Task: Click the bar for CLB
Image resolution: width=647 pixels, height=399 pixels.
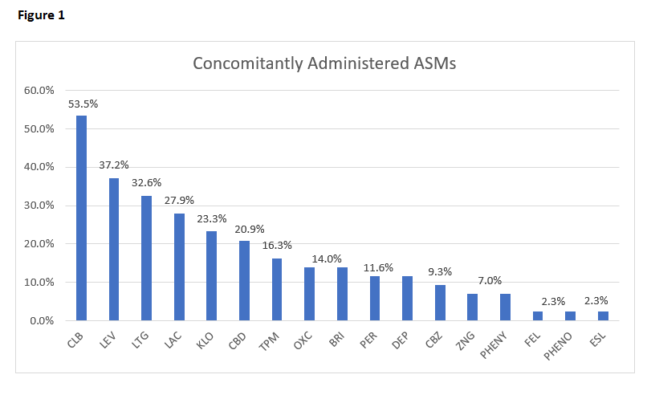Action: click(81, 218)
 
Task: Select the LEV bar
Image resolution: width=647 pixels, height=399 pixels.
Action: click(114, 249)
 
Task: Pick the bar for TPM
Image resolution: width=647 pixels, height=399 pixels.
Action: click(277, 289)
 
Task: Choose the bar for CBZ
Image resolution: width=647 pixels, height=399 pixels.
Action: click(440, 303)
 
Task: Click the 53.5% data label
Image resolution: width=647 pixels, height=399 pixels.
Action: click(83, 104)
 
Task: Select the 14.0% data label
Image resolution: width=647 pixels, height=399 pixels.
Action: click(310, 259)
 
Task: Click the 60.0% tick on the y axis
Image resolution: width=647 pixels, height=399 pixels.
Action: click(38, 90)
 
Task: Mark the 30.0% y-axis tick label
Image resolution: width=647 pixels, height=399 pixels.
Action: click(38, 206)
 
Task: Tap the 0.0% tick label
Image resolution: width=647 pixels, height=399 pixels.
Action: click(40, 321)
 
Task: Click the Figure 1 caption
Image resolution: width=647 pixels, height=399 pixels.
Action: click(41, 15)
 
